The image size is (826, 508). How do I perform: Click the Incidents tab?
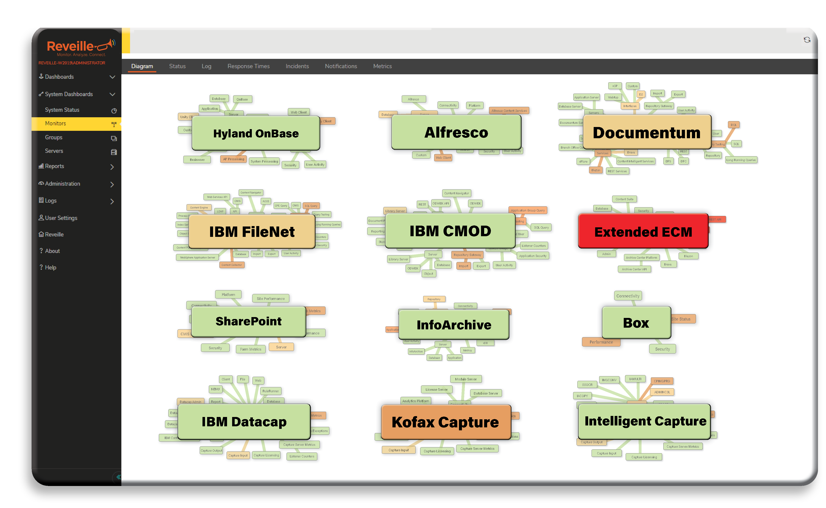[x=297, y=66]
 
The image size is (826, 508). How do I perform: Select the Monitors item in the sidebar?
[x=55, y=123]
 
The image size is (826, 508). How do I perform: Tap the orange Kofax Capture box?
[x=445, y=422]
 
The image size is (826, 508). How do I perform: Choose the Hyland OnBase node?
[x=255, y=133]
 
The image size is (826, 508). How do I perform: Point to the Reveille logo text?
[x=70, y=46]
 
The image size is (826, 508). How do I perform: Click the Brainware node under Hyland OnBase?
[x=197, y=160]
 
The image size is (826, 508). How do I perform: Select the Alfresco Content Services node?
[x=509, y=110]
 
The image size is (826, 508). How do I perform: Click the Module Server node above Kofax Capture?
[x=465, y=379]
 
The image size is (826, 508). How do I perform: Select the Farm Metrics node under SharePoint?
[x=251, y=349]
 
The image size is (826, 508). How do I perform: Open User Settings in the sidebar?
[x=61, y=218]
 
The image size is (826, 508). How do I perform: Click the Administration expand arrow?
[x=112, y=184]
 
